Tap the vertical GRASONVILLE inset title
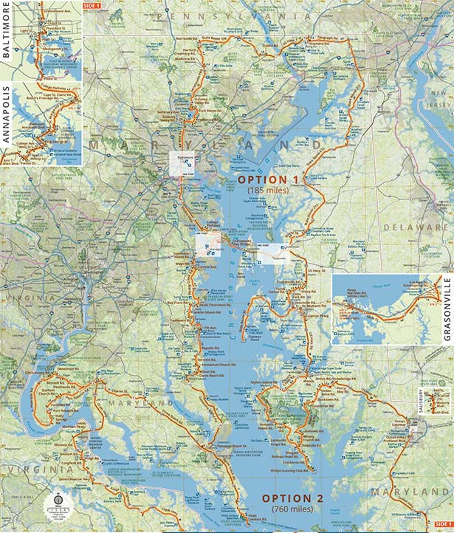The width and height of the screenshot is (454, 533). tap(447, 309)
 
